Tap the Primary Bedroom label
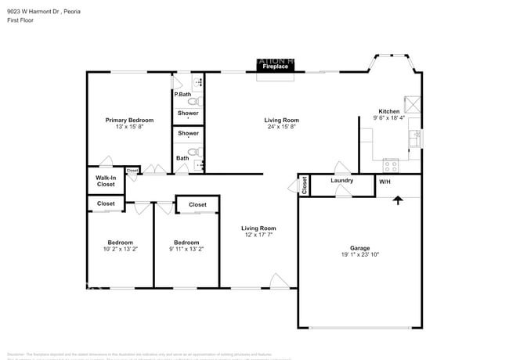(x=129, y=120)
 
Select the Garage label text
(x=359, y=247)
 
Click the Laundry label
(x=341, y=181)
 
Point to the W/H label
(x=384, y=182)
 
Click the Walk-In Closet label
(x=106, y=181)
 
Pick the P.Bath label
(x=182, y=95)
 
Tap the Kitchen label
(x=389, y=111)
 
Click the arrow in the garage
(x=398, y=200)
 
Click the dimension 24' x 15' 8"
(x=283, y=127)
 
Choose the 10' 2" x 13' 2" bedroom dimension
(x=120, y=249)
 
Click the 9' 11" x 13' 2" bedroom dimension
(x=186, y=249)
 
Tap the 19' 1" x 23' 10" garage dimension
(x=359, y=254)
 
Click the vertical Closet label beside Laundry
(x=303, y=185)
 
